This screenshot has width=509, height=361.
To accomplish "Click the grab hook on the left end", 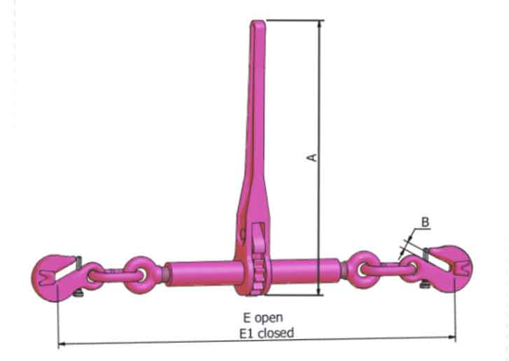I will point(53,272).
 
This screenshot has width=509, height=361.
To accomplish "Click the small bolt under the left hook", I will point(83,286).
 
